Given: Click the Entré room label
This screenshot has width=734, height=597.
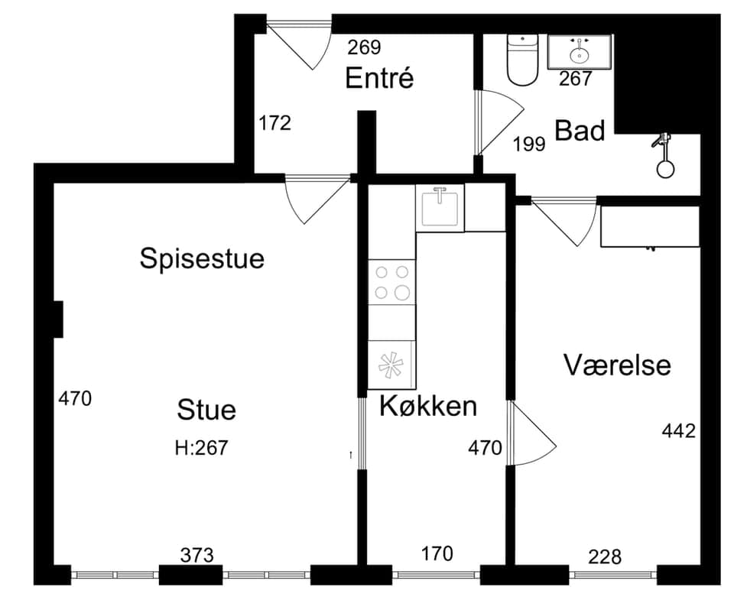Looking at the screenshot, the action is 379,78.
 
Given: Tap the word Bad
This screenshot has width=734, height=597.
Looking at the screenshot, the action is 580,131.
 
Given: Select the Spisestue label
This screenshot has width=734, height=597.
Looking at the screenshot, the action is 202,258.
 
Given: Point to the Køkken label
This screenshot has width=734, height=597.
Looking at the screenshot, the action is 428,406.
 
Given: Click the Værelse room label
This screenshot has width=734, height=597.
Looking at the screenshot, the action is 617,365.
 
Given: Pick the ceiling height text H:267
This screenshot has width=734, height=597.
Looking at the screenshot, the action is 201,448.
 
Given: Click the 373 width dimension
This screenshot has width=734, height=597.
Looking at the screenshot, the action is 197,556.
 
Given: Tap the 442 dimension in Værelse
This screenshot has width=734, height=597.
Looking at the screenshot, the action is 679,430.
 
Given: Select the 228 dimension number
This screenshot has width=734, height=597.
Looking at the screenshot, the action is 605,556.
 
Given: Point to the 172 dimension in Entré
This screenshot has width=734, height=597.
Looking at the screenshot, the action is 274,123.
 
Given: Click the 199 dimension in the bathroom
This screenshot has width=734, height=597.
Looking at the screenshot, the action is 529,144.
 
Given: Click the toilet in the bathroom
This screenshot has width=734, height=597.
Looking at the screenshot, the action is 522,60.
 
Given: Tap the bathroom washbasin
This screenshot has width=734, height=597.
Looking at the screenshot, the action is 580,51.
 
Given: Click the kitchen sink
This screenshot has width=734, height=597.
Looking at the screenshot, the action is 440,208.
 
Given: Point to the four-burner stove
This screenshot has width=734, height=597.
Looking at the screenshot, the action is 391,282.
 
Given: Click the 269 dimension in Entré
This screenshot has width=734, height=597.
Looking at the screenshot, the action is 364,47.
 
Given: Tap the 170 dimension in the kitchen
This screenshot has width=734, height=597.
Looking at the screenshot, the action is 437,554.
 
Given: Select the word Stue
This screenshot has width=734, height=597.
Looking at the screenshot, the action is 206,410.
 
